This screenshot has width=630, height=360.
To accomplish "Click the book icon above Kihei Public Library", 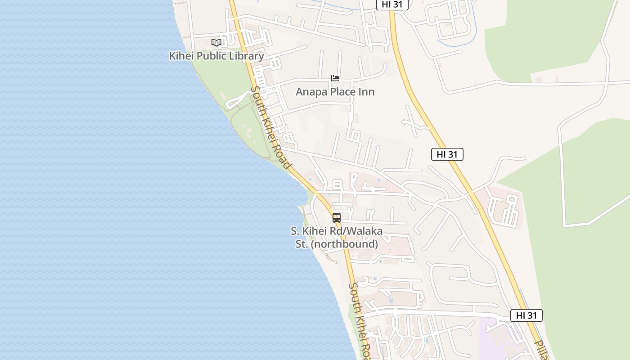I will point(216,42).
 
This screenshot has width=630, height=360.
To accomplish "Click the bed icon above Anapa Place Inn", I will point(335,78).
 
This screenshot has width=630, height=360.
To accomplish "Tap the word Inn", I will point(367,92).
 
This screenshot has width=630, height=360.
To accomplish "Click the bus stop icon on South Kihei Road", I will point(337,218).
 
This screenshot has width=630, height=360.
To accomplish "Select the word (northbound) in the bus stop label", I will point(345,244).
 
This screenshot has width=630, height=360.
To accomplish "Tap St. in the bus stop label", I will point(301,244).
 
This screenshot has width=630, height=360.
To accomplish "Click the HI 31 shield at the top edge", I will point(392,4).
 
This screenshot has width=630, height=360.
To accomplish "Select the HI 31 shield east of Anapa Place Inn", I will point(447,154).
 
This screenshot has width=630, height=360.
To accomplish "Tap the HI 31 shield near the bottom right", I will point(526,315).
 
